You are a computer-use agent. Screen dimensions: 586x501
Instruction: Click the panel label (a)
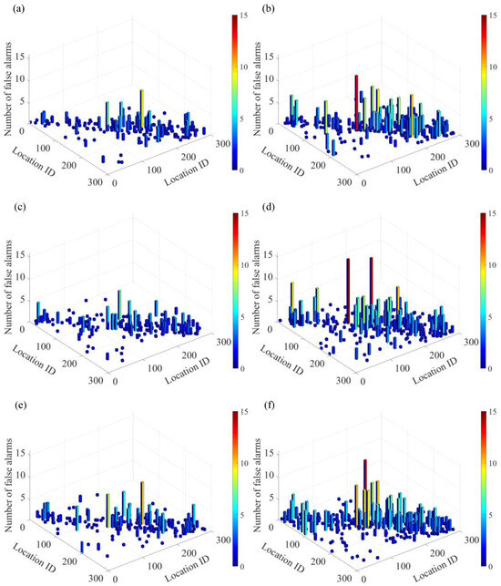click(12, 8)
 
